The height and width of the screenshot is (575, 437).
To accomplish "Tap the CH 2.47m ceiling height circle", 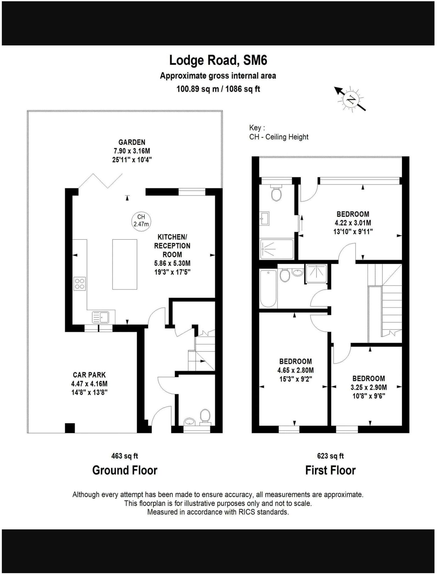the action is coord(141,221).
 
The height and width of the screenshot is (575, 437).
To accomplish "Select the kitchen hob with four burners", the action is coord(79,283).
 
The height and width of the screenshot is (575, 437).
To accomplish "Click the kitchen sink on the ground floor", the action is coord(100,317).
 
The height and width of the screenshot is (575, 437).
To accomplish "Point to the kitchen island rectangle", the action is coord(125,264).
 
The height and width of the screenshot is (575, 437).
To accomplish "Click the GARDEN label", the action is coord(132,142).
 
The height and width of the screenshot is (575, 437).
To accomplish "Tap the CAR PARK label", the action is coord(89,375).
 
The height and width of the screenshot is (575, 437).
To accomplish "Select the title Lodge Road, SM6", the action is coord(218,60).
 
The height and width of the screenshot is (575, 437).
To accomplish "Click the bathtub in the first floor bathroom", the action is coord(268,288).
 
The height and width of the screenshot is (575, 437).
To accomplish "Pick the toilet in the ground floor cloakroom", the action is coord(205,416).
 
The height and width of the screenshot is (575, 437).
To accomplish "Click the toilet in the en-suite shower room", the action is coord(276,194).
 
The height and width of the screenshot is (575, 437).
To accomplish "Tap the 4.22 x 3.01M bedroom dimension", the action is coord(353,223).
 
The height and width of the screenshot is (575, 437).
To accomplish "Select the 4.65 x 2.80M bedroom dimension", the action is coord(295,370).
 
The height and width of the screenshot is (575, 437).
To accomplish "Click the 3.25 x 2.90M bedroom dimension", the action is coord(369,387).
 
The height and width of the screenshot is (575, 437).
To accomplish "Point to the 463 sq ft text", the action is coord(125,456).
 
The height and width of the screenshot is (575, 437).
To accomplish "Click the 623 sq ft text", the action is coord(330,456).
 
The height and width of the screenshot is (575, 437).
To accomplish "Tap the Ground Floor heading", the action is coord(125,470).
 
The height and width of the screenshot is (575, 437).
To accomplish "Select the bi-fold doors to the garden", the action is coord(101,181).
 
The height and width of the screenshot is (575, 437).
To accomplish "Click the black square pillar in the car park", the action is coord(70,428).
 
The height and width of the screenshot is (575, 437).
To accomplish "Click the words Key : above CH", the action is coord(257,128).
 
